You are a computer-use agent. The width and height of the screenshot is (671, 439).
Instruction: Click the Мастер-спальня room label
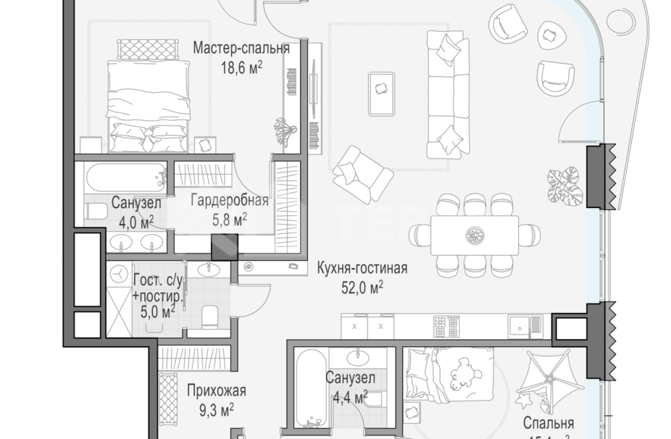(x=241, y=49)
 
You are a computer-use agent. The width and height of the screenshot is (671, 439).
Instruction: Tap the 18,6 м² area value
(x=241, y=68)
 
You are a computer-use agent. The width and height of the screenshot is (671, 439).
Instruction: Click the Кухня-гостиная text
(x=362, y=269)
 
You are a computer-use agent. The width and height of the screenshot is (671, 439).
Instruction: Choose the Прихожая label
(x=216, y=391)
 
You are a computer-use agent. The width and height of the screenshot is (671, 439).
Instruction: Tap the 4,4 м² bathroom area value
(x=349, y=396)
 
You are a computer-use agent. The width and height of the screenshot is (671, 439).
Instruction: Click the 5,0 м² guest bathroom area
(x=158, y=312)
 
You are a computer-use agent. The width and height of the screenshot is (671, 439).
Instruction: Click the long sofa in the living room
(x=444, y=94)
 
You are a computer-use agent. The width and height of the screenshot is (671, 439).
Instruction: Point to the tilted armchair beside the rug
(x=362, y=174)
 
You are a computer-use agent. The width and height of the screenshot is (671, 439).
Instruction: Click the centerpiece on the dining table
(x=475, y=234)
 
